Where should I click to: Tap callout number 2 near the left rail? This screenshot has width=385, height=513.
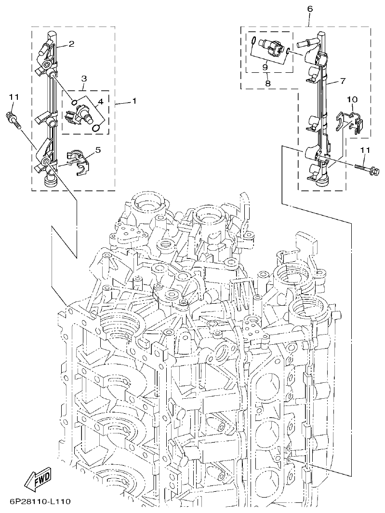(x=71, y=44)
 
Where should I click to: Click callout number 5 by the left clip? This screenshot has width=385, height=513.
(x=98, y=150)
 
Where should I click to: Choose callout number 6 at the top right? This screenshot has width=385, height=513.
(x=309, y=9)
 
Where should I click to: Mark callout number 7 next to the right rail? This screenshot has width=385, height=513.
(x=342, y=81)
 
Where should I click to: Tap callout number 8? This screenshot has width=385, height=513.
(x=268, y=83)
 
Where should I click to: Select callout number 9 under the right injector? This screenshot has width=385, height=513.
(x=265, y=67)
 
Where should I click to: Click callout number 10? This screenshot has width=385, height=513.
(x=352, y=99)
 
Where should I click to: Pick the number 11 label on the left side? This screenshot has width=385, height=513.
(x=13, y=97)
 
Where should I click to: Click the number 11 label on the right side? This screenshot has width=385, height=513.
(x=365, y=150)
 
